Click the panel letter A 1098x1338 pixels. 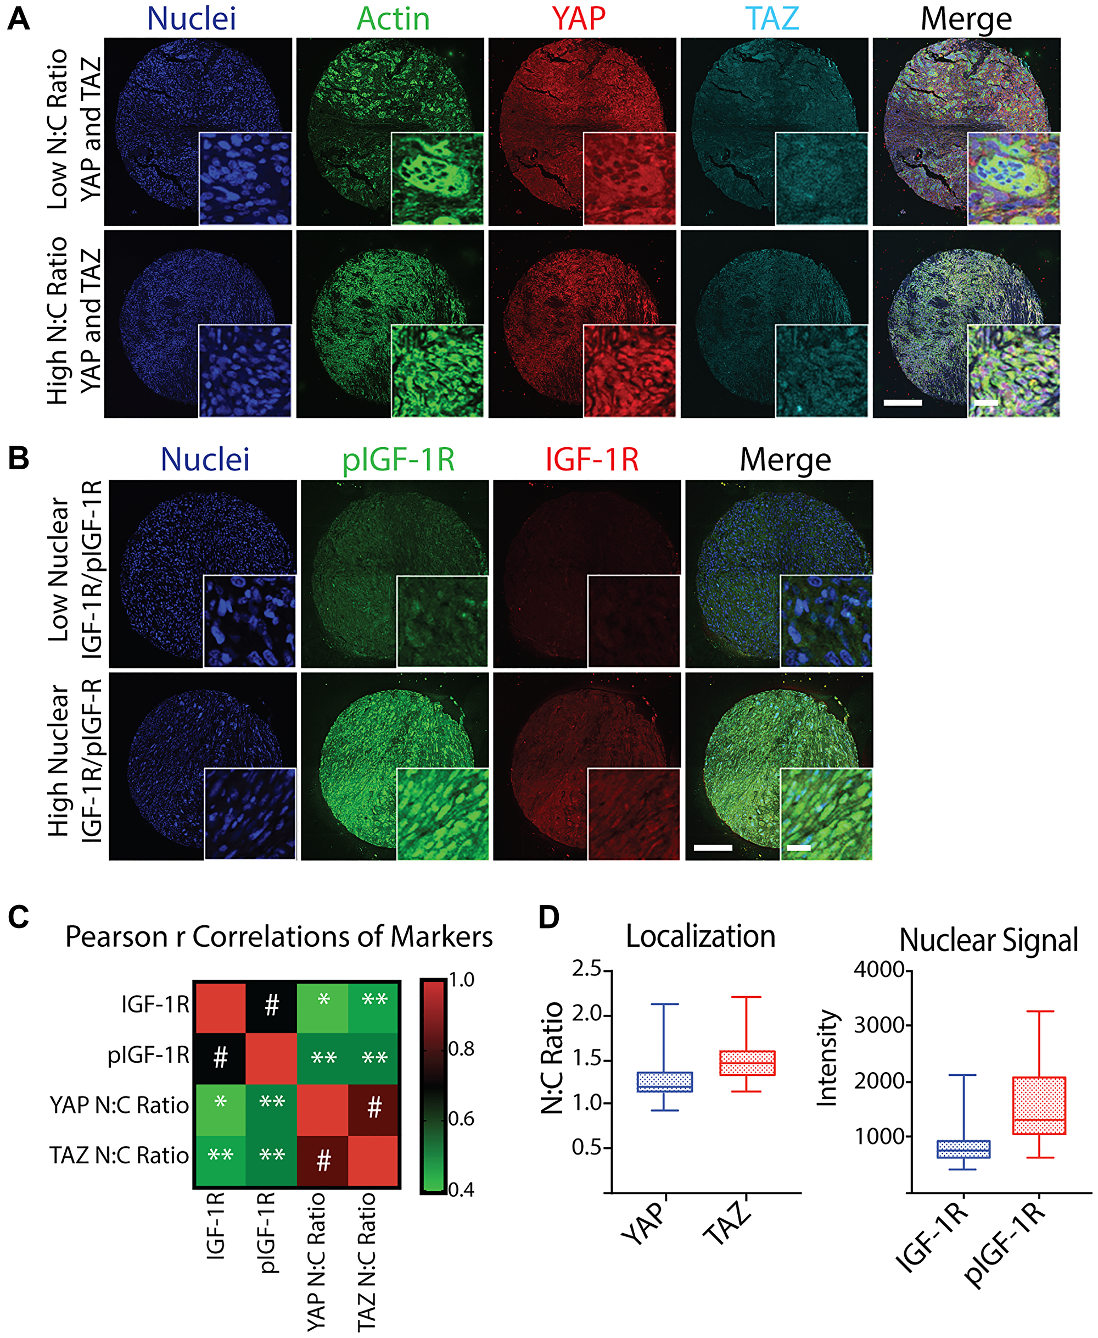[x=18, y=19]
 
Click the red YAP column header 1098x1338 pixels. [x=578, y=19]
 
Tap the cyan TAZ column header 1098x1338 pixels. [x=772, y=19]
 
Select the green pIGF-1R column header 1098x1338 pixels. [x=398, y=460]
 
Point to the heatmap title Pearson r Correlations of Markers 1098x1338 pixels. [x=279, y=937]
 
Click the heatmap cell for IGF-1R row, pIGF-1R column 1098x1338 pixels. [x=271, y=1006]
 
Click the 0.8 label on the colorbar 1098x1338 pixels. [x=461, y=1050]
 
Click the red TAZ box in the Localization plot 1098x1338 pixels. [x=747, y=1063]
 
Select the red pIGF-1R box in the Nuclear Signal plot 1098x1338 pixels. [x=1039, y=1106]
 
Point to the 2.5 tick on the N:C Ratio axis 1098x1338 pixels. [x=586, y=969]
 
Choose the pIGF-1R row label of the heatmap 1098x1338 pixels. [x=149, y=1055]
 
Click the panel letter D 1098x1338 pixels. [x=549, y=917]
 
